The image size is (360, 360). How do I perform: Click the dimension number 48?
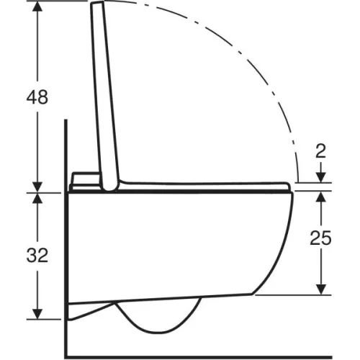[x=37, y=97]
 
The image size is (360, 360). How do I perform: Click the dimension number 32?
[x=37, y=255]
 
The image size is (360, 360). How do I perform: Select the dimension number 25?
[x=320, y=238]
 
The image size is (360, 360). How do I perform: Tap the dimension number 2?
[x=321, y=151]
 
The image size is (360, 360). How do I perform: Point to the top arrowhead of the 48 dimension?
[x=37, y=6]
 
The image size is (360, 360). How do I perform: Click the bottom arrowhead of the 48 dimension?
[x=37, y=187]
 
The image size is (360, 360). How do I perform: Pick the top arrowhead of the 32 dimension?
[x=37, y=198]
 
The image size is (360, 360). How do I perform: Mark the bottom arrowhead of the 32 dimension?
[x=37, y=314]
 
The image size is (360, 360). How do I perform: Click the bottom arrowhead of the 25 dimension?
[x=321, y=289]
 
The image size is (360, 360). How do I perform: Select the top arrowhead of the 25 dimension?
[x=321, y=197]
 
